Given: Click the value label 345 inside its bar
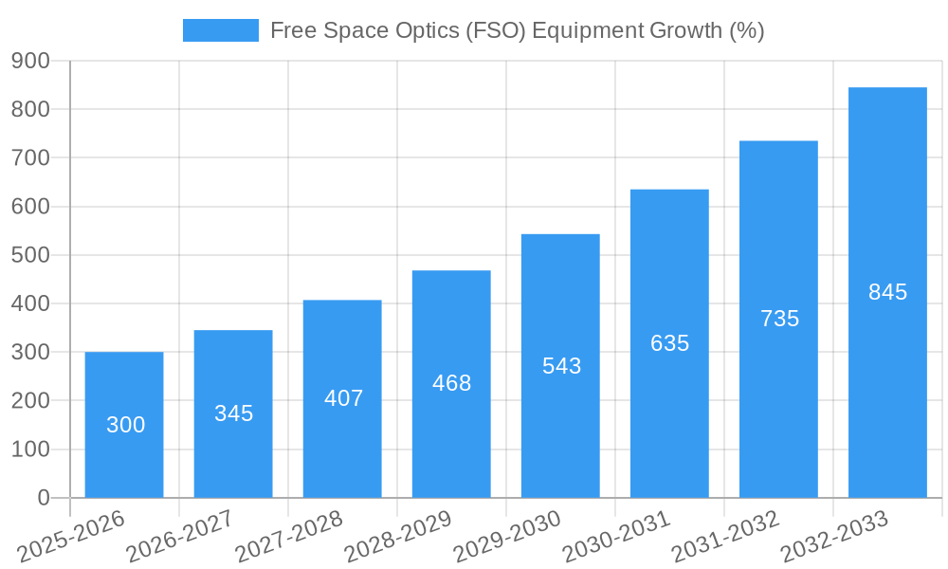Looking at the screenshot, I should point(233,413).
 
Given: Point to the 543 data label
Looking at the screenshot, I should point(561,366).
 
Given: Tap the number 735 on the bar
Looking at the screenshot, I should point(779,319).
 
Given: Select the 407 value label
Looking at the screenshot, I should point(343,398).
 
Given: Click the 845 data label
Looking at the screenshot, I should point(887,292).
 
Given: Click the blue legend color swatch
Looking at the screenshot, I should point(220,30).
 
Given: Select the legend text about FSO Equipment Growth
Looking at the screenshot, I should point(517,30).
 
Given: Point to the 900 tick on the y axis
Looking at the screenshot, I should point(30,61).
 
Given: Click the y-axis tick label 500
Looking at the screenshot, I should point(30,255).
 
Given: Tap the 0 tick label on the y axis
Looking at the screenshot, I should point(44,498).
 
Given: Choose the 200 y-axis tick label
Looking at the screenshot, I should point(30,401).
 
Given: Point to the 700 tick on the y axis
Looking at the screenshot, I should point(30,157).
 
